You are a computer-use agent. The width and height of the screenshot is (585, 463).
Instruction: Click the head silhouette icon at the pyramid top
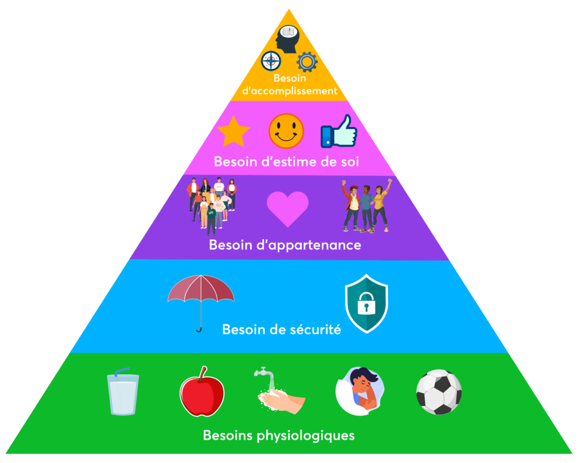point(287,38)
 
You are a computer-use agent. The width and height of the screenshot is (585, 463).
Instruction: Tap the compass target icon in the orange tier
point(271,60)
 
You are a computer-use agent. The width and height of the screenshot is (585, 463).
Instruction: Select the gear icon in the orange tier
point(307,61)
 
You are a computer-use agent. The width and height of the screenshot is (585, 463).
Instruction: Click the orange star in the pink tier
point(233,132)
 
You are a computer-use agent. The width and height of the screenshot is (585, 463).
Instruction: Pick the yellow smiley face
point(286,131)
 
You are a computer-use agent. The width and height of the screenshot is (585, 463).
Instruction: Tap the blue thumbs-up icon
point(339,132)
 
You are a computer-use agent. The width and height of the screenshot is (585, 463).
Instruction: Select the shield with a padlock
point(366,304)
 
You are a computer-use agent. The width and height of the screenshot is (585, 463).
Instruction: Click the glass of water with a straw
point(123,392)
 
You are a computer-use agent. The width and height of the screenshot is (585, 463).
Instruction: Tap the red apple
point(202,392)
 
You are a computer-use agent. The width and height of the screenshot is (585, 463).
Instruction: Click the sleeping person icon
point(359,391)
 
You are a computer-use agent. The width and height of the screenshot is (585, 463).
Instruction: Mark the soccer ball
point(439,392)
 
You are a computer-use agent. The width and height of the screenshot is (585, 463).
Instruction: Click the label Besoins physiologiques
point(279,436)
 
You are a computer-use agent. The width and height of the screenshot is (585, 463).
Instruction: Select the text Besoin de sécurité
point(281,330)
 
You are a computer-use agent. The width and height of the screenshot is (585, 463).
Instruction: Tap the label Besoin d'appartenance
point(285,246)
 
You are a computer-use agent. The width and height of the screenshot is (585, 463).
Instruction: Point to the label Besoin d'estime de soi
point(286,162)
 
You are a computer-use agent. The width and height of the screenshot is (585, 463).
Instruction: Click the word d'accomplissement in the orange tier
point(290,90)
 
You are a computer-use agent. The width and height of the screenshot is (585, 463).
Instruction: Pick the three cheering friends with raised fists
point(367,205)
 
